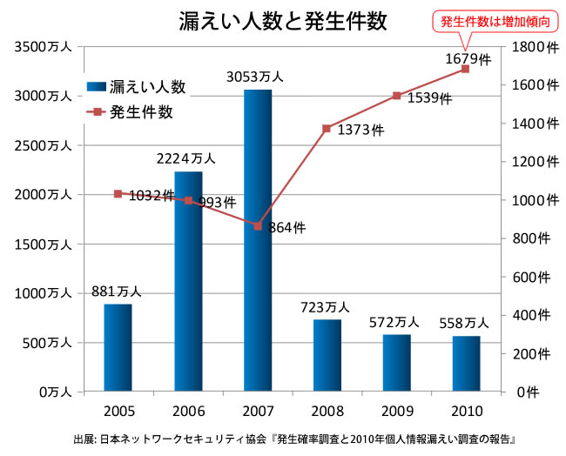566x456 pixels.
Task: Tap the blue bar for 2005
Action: point(118,347)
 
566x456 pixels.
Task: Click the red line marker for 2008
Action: point(327,128)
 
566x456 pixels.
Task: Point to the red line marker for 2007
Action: point(257,225)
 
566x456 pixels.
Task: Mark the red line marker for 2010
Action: point(465,69)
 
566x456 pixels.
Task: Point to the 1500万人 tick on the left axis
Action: point(37,245)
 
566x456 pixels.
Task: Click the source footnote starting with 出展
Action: point(283,438)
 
